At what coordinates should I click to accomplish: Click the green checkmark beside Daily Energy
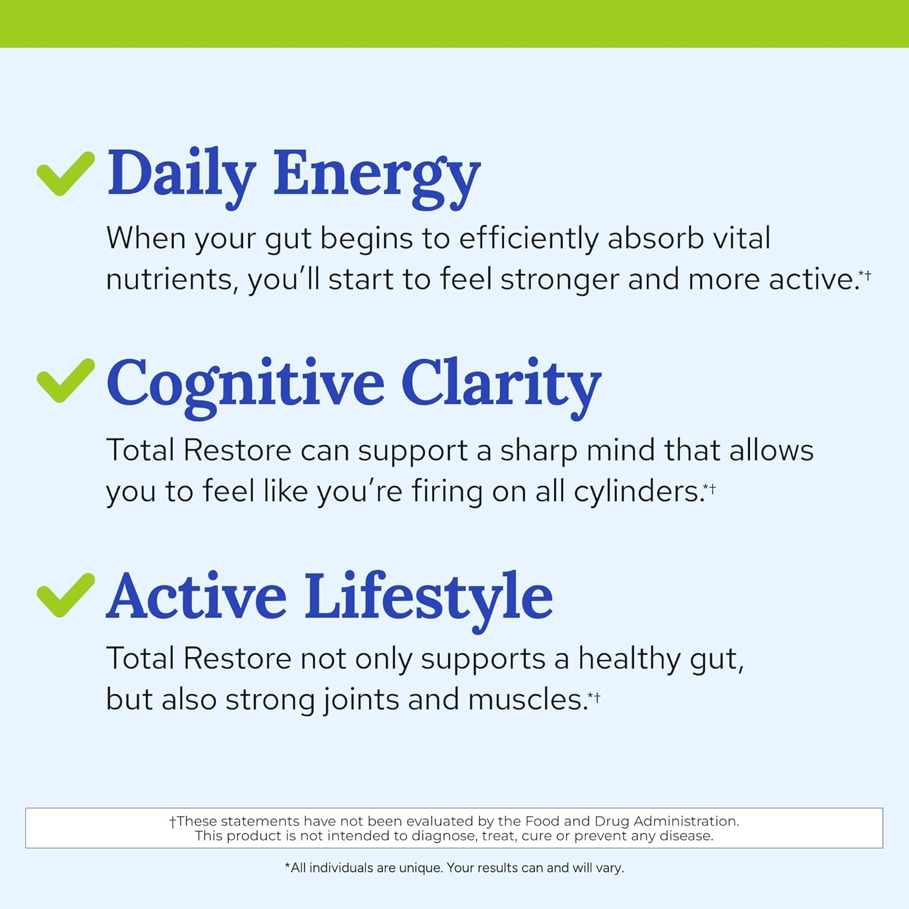coord(65,174)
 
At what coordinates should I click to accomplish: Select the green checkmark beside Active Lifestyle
coord(65,595)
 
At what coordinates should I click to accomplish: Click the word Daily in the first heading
coord(181,174)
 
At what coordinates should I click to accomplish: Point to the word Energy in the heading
coord(376,176)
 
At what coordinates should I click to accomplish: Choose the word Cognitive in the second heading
coord(245,384)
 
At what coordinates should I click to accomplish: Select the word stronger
coord(559,280)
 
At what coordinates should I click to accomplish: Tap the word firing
coord(447,492)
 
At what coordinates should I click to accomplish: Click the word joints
coord(361,700)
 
